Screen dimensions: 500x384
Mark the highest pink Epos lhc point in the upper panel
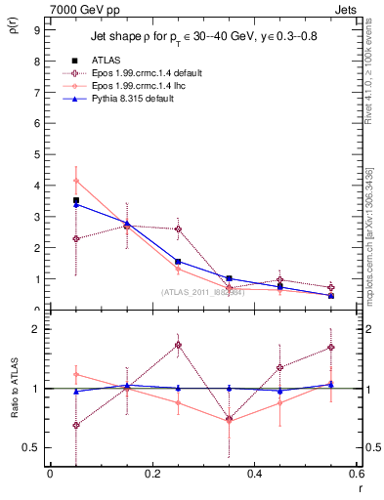(76, 180)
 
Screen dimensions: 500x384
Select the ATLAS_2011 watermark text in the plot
(201, 291)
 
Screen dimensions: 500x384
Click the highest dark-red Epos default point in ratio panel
(178, 345)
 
